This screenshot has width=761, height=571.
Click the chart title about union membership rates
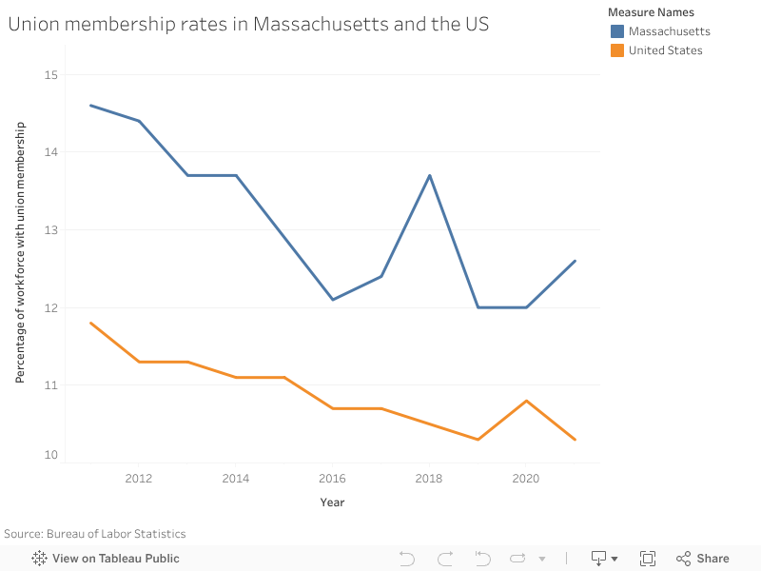(x=248, y=25)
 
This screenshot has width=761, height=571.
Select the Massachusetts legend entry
(x=669, y=31)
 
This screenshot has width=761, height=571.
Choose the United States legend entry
(x=665, y=50)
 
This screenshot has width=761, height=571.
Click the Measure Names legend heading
(x=652, y=12)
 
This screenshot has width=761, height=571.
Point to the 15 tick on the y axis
(x=50, y=75)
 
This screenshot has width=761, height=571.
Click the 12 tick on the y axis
(x=50, y=307)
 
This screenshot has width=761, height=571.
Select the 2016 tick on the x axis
(x=333, y=479)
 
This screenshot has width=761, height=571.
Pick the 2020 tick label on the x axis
(x=526, y=479)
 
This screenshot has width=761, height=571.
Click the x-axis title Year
(x=332, y=502)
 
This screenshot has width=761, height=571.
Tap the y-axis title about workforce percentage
(x=20, y=252)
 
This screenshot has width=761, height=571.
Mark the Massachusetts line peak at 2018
(x=430, y=175)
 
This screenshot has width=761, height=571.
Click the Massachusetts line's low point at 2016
(x=333, y=300)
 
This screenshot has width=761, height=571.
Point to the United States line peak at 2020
(x=526, y=401)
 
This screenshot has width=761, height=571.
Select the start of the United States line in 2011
(x=91, y=323)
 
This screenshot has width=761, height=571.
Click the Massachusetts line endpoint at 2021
(x=575, y=261)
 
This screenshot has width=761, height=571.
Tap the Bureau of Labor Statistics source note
(x=95, y=534)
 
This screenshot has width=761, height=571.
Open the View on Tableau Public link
(x=106, y=559)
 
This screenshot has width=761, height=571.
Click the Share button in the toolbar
(x=703, y=559)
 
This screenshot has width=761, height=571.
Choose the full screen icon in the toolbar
(x=648, y=559)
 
